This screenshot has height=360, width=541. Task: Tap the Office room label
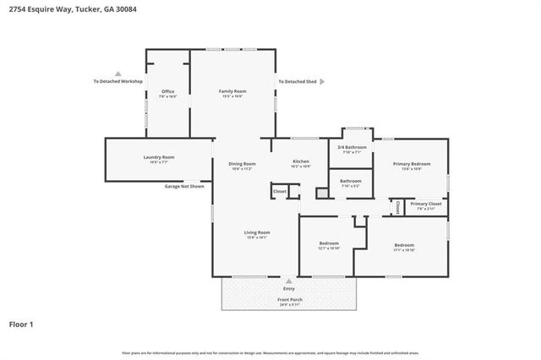coord(167,91)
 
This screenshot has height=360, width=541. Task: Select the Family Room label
coord(232,91)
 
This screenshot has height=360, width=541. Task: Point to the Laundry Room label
coord(159,157)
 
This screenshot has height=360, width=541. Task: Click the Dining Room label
coord(243,164)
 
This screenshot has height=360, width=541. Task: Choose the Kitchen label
coord(302,161)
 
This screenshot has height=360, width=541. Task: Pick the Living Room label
coord(257,232)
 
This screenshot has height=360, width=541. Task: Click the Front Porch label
coord(289,299)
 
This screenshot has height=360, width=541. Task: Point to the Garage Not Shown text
coord(184,186)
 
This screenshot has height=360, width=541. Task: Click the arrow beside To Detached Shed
coord(321,82)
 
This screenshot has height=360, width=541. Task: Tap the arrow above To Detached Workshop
coord(118,74)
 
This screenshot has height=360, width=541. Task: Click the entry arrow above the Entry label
coord(289,281)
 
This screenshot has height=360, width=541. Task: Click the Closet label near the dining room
coord(280,192)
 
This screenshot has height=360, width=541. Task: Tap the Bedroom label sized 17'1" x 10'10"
coord(404,245)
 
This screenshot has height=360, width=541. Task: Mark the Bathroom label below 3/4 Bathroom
coord(351,181)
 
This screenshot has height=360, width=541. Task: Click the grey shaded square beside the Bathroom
coord(321,194)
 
